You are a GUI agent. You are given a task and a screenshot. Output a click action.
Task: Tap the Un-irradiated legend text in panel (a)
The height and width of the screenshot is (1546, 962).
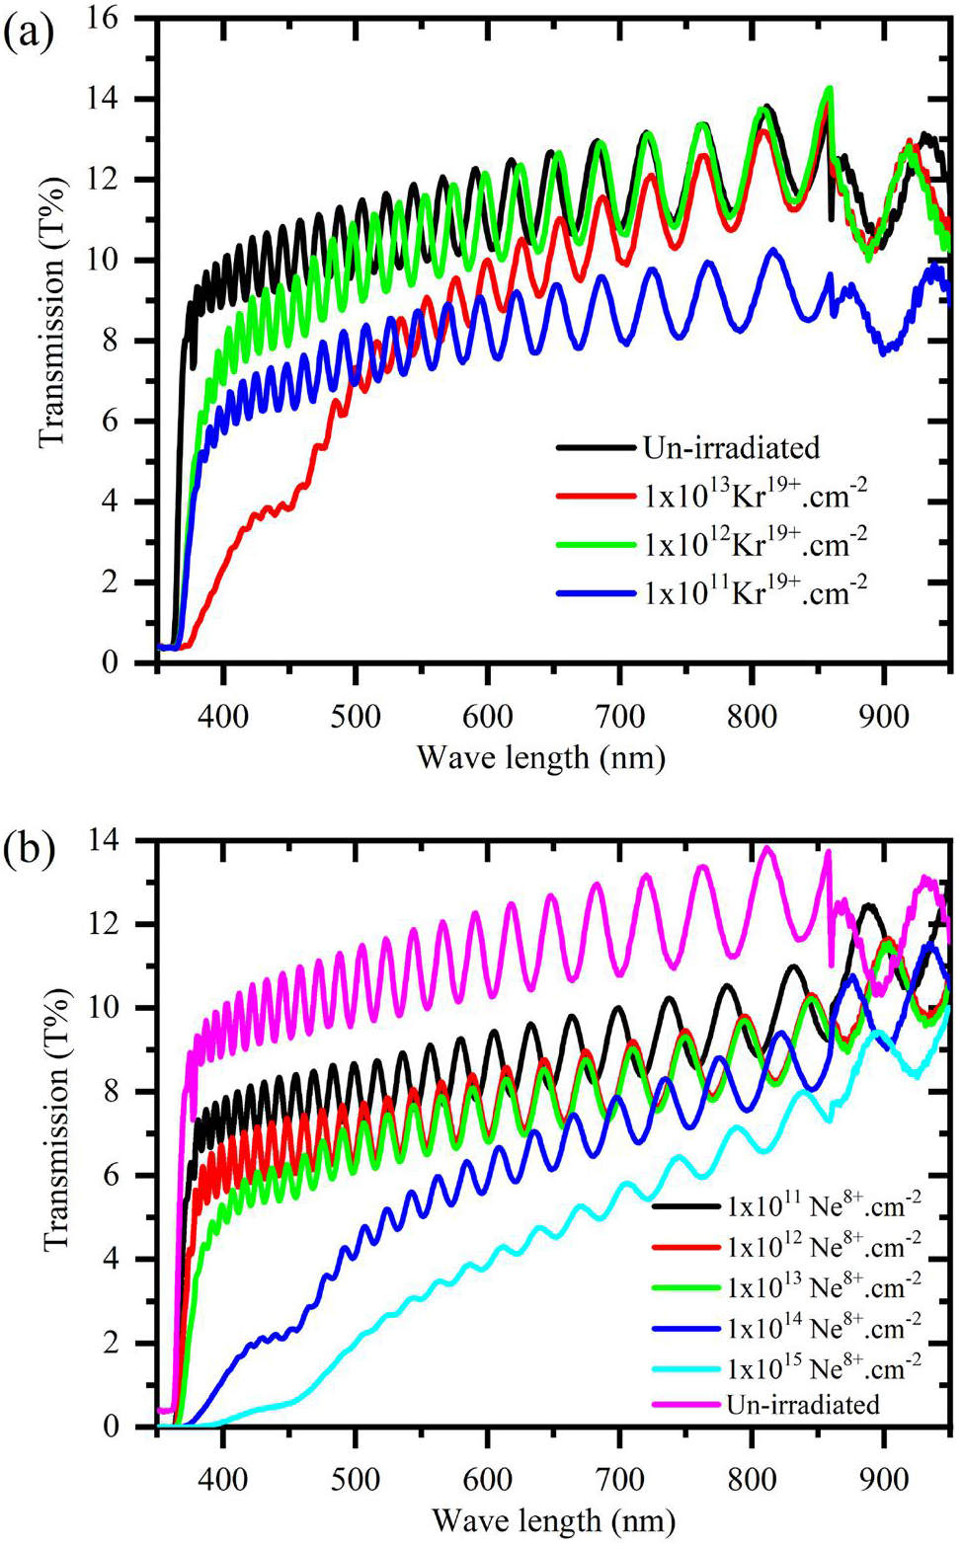(x=731, y=448)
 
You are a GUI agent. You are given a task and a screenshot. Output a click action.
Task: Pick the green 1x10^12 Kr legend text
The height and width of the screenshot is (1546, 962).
(x=756, y=542)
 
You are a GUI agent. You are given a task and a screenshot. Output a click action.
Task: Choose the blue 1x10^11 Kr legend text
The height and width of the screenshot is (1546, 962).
(x=756, y=590)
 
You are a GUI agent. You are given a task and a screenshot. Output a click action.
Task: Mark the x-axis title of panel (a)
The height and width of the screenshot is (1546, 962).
(x=541, y=758)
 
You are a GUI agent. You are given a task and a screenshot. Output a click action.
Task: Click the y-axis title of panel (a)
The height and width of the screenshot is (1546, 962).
(x=54, y=312)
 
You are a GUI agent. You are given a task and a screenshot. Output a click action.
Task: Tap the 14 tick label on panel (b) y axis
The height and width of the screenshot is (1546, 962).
(x=116, y=841)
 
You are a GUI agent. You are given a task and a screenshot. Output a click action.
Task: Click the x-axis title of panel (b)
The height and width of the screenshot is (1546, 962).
(x=553, y=1520)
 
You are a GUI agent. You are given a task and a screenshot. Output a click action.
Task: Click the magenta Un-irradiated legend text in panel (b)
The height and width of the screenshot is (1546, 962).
(x=802, y=1405)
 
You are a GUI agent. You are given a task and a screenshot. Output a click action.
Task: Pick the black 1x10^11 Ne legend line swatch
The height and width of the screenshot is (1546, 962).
(x=686, y=1206)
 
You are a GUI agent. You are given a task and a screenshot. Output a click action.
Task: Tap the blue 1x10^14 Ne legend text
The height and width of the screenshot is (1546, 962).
(x=824, y=1327)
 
